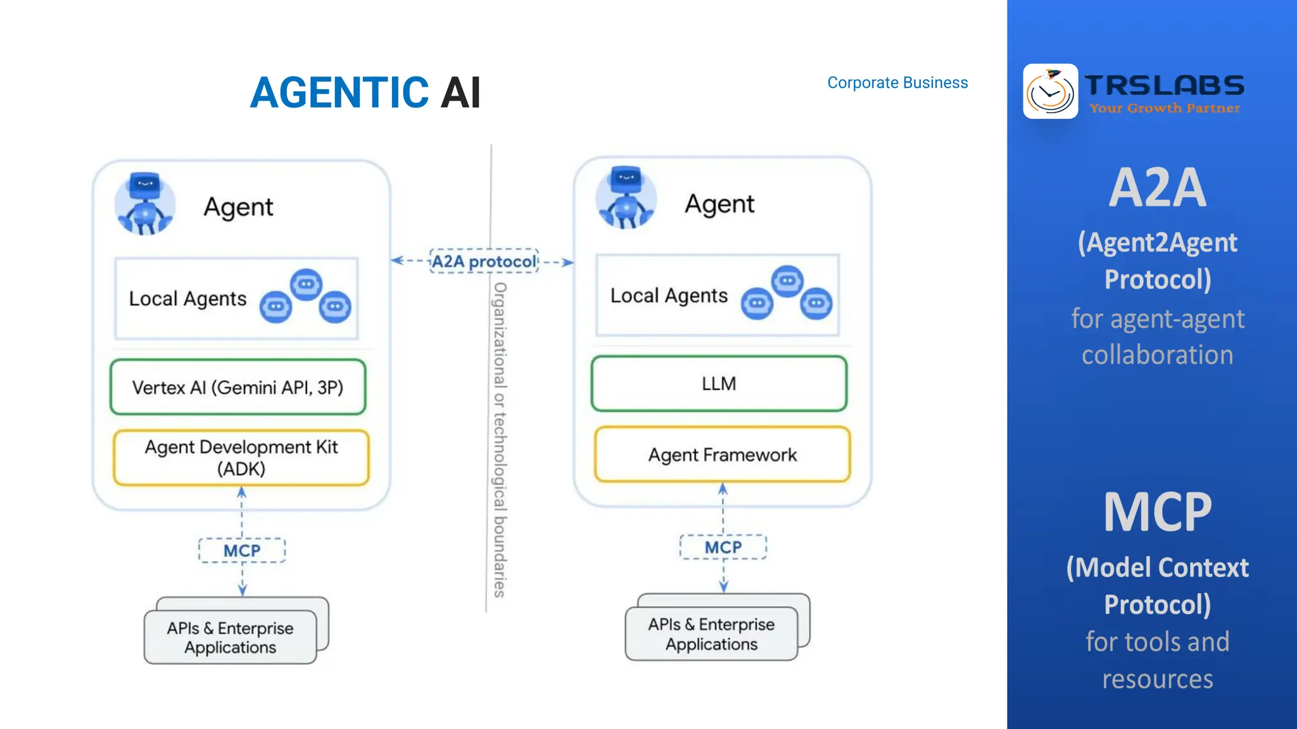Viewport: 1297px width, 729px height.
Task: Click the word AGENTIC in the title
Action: coord(339,92)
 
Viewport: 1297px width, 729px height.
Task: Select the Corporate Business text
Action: coord(897,83)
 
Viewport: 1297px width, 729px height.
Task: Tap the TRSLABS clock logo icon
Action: coord(1050,91)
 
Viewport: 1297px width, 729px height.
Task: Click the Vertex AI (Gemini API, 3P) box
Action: coord(237,387)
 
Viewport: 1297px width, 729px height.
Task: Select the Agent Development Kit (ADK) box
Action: coord(241,458)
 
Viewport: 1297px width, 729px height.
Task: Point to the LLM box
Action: coord(719,383)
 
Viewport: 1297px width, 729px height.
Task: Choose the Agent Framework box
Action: coord(722,454)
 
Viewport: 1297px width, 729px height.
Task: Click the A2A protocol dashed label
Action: coord(484,261)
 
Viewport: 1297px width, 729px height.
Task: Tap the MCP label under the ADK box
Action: coord(242,551)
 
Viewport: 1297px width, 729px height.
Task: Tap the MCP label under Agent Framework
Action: coord(723,547)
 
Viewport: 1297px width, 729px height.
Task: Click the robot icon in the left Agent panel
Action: coord(145,204)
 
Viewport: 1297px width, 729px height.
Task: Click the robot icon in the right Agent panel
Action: coord(626,198)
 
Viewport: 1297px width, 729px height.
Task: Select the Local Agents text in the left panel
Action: coord(187,299)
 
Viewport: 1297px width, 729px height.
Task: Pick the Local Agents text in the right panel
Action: coord(669,296)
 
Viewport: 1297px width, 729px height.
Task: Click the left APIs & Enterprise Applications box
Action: coord(231,637)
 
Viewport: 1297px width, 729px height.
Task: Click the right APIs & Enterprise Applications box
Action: coord(711,634)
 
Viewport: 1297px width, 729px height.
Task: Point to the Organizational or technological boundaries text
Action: coord(500,440)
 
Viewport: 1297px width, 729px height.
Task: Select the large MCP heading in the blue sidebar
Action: coord(1157,512)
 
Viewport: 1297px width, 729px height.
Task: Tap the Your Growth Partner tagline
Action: coord(1164,108)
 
